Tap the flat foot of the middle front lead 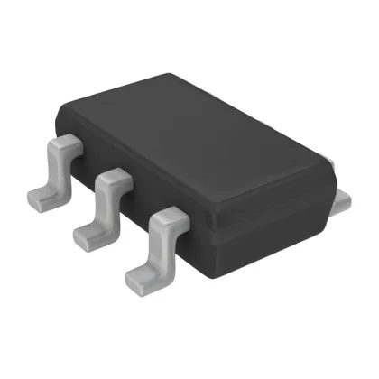pos(88,236)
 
